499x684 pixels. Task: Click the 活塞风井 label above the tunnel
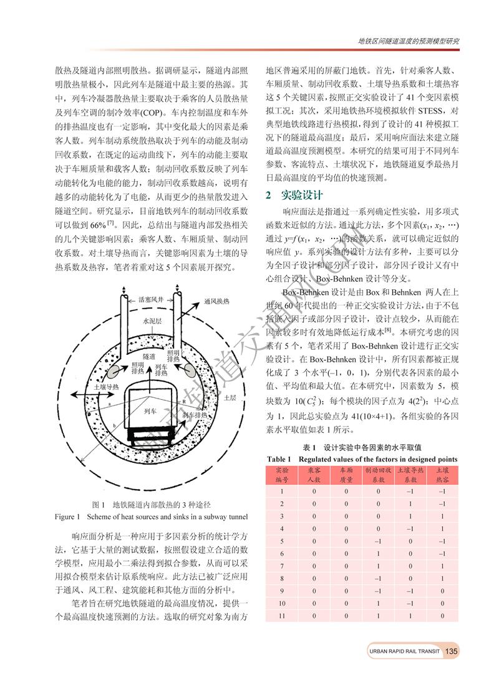tap(150, 299)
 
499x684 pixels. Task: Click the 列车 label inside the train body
tap(150, 412)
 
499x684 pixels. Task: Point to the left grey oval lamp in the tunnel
tap(114, 372)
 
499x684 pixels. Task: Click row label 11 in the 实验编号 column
tap(282, 616)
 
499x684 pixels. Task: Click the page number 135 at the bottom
tap(451, 652)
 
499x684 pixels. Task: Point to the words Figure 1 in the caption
tap(69, 517)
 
